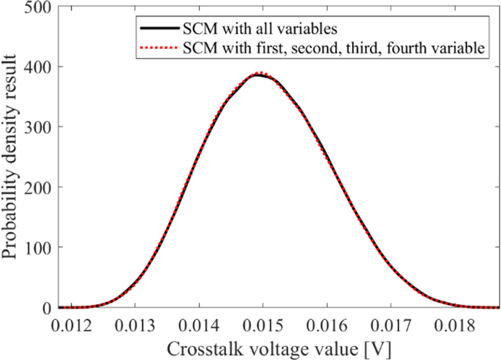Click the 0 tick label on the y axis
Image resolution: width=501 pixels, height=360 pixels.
pyautogui.click(x=47, y=307)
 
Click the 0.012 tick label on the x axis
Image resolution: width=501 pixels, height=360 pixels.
pyautogui.click(x=71, y=323)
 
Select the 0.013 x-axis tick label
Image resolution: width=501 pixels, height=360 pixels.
pyautogui.click(x=135, y=323)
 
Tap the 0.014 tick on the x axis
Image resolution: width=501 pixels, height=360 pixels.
pyautogui.click(x=199, y=323)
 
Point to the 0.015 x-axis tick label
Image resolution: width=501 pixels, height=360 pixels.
pyautogui.click(x=263, y=323)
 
